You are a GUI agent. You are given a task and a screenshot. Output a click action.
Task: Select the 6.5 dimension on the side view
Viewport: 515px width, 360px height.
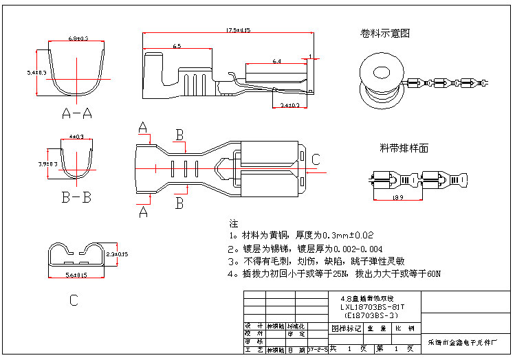pyautogui.click(x=177, y=46)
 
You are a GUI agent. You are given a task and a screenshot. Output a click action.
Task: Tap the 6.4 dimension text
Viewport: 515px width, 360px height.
pyautogui.click(x=276, y=61)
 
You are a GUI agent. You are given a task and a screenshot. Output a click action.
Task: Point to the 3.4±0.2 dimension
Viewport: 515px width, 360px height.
pyautogui.click(x=290, y=104)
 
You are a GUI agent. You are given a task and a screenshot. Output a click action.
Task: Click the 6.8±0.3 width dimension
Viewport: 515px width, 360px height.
pyautogui.click(x=78, y=38)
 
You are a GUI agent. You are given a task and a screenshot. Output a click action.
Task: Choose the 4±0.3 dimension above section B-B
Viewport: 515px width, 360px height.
pyautogui.click(x=76, y=137)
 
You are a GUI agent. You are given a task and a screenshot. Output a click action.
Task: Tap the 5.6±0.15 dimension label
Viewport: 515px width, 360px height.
pyautogui.click(x=76, y=275)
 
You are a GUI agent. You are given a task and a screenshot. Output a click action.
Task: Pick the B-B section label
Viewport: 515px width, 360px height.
pyautogui.click(x=76, y=199)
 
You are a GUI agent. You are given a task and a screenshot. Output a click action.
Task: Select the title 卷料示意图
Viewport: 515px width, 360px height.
pyautogui.click(x=385, y=33)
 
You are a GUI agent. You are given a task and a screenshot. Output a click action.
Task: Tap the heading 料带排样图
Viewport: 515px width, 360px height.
pyautogui.click(x=404, y=148)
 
